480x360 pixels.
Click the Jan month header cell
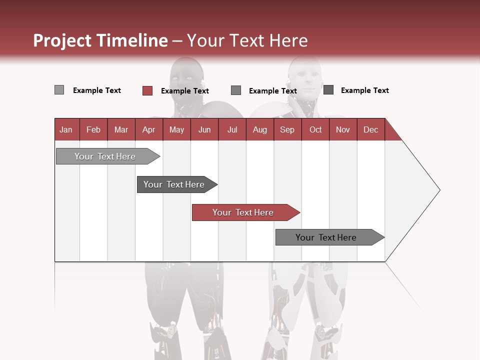click(x=66, y=129)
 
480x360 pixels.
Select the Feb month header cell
click(x=93, y=129)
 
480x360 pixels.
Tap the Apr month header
click(x=149, y=129)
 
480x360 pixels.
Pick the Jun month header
click(x=204, y=129)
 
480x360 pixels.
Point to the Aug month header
click(x=260, y=129)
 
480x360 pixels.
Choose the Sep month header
click(x=287, y=129)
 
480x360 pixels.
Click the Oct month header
click(x=315, y=129)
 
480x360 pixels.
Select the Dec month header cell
click(x=371, y=129)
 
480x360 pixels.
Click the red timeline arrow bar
click(x=245, y=212)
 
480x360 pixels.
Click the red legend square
click(x=147, y=90)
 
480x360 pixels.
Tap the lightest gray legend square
click(x=59, y=90)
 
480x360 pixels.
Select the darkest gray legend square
click(x=328, y=90)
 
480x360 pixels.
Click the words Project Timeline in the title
click(x=100, y=40)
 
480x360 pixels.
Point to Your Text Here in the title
click(x=247, y=40)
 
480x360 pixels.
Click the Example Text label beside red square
click(x=185, y=91)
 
